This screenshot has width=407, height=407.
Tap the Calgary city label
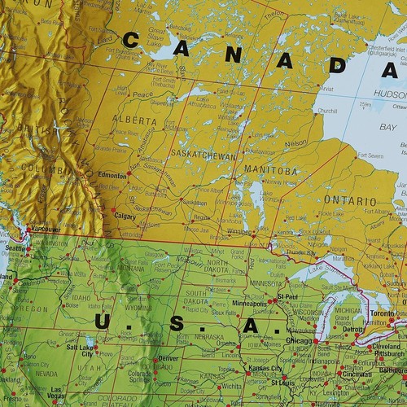[125, 217]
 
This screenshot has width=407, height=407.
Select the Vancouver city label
[46, 230]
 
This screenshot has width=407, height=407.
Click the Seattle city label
[15, 248]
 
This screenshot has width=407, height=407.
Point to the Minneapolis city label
[249, 303]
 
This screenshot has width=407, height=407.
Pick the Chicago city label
[300, 340]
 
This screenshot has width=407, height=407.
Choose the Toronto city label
[382, 313]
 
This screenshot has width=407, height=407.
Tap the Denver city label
[168, 358]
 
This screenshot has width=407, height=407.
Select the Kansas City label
[265, 370]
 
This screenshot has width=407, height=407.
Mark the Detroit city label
[352, 330]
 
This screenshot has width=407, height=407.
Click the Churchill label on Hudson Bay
[327, 111]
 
